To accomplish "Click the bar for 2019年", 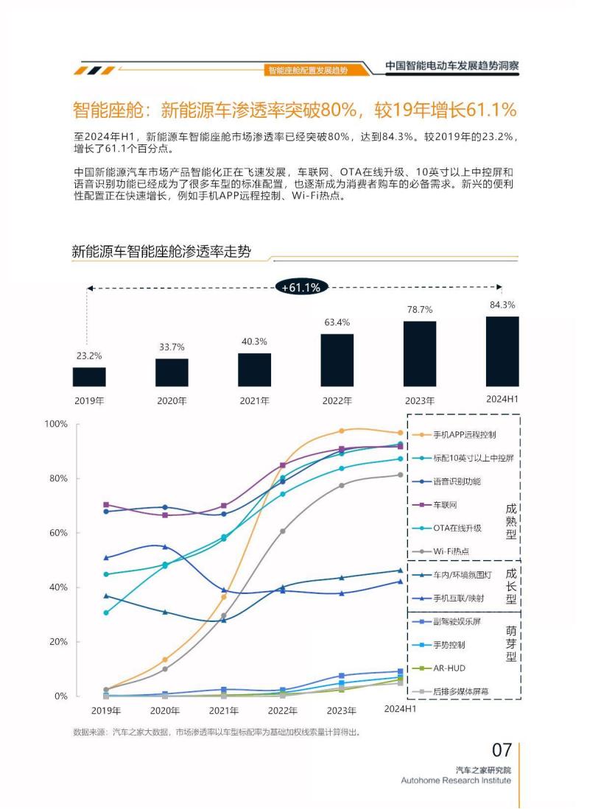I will coord(89,377).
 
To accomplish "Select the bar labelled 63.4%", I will coord(337,360).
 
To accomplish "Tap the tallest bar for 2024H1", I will coord(502,351).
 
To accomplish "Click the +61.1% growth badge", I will coord(301,288).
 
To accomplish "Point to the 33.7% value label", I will coord(172,347).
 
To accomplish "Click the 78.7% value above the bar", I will coord(420,310).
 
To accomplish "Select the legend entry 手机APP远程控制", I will coord(464,434).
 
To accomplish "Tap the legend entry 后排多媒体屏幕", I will coord(460,692).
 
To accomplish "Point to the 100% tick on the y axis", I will coord(56,424).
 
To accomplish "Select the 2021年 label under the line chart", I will coord(223,711).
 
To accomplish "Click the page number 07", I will coord(502,750).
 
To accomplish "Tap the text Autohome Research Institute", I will coord(455,780).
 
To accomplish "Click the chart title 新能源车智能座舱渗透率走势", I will coord(161,252).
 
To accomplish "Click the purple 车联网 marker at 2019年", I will coord(106,505).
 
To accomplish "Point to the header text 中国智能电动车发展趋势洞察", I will coord(452,66).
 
